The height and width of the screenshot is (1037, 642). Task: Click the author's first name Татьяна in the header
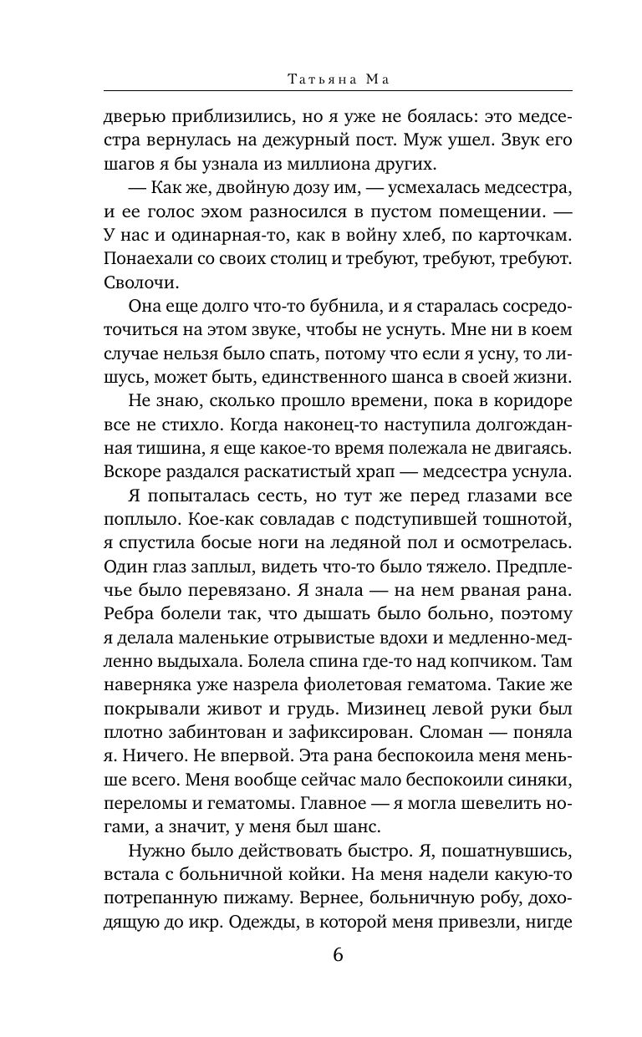point(320,79)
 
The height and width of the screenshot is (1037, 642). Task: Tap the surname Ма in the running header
point(371,79)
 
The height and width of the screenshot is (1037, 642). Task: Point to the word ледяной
point(374,542)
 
